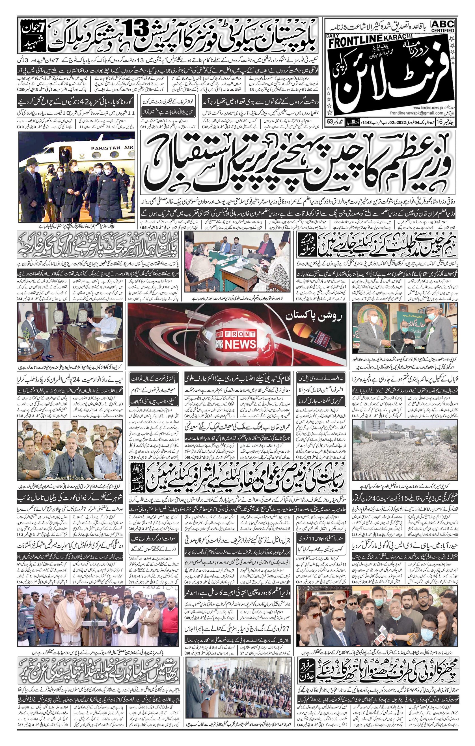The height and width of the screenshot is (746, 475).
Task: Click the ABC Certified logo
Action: pos(443,26)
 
